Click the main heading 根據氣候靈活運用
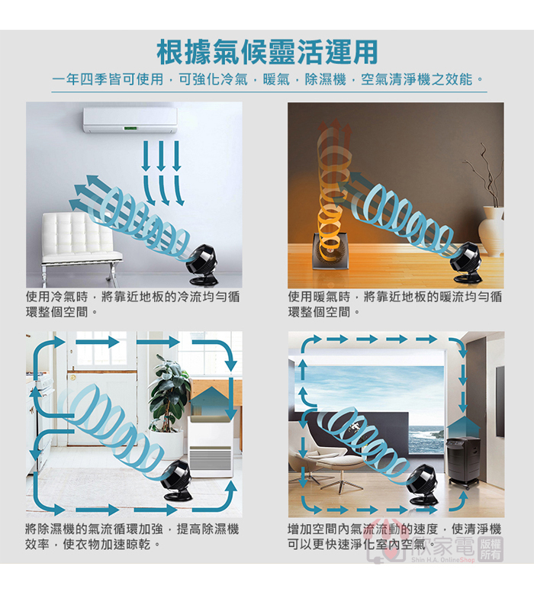(267, 52)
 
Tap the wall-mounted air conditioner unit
(130, 120)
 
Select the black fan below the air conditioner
(204, 265)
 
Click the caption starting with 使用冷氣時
(133, 304)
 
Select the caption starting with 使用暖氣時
(395, 304)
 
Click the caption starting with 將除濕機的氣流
(132, 536)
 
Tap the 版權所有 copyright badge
(491, 548)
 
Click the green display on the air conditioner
(130, 128)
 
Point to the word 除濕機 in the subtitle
(326, 79)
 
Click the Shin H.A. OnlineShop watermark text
(443, 560)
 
